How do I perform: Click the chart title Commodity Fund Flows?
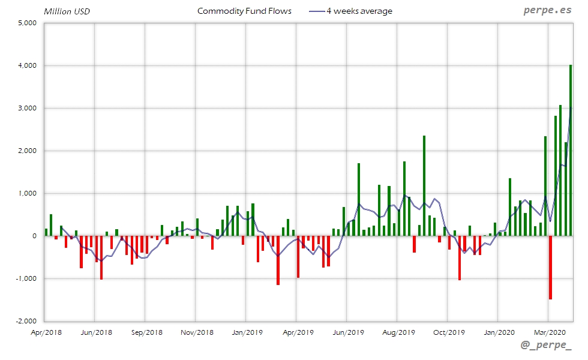coord(244,11)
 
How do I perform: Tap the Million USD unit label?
coord(67,11)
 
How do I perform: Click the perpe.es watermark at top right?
coord(548,11)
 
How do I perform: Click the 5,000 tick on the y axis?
coord(28,23)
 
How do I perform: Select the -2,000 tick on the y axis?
coord(27,322)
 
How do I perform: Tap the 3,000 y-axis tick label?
coord(28,108)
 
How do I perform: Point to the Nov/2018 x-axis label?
coord(197,332)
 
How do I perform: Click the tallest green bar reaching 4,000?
coord(571,150)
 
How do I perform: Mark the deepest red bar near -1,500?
coord(550,268)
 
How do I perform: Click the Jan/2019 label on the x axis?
coord(247,332)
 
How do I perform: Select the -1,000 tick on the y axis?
coord(27,279)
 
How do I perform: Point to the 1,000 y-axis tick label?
coord(28,194)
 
